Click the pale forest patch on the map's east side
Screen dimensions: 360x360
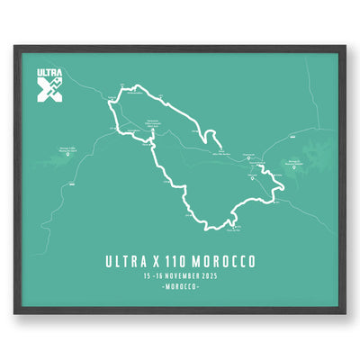coord(315,155)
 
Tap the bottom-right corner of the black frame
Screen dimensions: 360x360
coord(345,314)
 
